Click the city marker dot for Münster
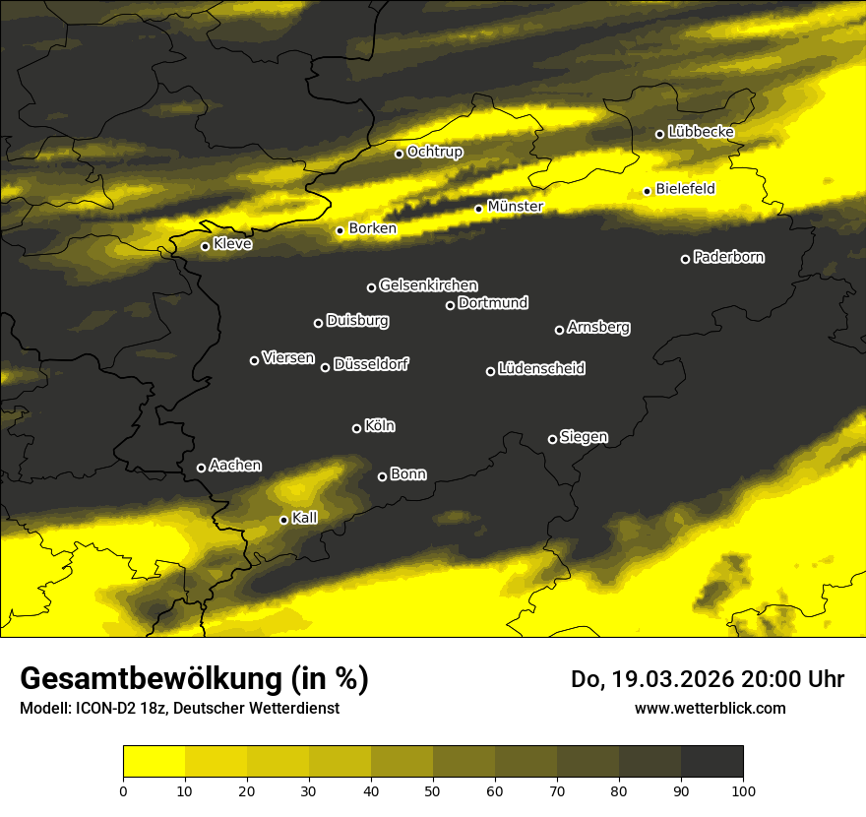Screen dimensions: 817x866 (x=479, y=209)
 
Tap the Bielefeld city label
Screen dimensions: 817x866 (x=685, y=188)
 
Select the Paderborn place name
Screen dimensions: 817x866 (x=728, y=257)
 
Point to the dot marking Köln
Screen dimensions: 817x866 (x=356, y=428)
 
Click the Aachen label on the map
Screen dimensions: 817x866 (x=235, y=466)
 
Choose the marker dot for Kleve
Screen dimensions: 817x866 (x=205, y=246)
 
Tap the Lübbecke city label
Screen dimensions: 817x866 (x=701, y=132)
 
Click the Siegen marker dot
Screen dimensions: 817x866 (x=552, y=439)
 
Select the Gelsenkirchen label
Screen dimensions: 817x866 (x=428, y=285)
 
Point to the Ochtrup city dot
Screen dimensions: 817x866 (x=399, y=154)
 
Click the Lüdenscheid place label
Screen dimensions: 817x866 (x=541, y=369)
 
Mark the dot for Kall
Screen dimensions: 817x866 (x=283, y=520)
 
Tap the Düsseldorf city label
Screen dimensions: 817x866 (x=371, y=364)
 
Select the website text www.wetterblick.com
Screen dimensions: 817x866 (x=710, y=708)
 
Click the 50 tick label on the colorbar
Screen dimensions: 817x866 (x=433, y=789)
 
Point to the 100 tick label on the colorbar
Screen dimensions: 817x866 (x=742, y=789)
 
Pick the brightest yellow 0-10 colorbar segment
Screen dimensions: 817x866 (x=154, y=762)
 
